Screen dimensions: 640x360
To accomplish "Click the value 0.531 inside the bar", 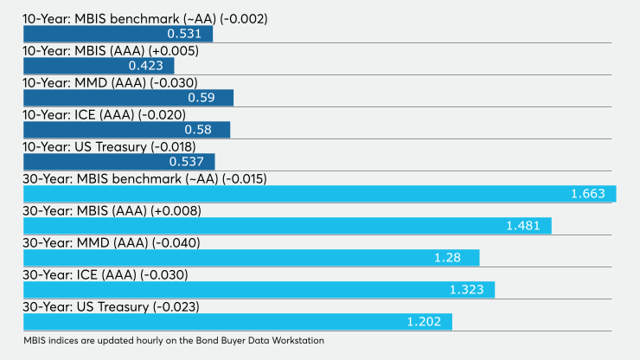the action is click(184, 34).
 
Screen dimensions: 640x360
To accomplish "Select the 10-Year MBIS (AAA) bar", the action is click(99, 66).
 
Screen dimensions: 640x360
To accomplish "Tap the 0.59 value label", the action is click(202, 98).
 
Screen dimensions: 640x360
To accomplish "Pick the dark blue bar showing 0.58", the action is click(126, 130).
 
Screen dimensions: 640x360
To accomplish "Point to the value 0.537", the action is click(187, 162).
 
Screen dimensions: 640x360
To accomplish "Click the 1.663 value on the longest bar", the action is click(588, 194).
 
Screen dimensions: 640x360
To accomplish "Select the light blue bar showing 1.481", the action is click(287, 226).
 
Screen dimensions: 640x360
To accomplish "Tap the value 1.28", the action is click(447, 258).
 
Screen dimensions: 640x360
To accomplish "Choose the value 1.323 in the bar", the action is click(466, 290).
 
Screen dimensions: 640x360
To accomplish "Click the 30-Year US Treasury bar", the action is click(238, 322).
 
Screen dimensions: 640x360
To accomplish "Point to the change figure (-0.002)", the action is click(244, 19).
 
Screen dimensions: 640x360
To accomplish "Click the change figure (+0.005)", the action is click(174, 51).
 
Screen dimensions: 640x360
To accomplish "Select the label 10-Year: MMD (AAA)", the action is click(84, 83).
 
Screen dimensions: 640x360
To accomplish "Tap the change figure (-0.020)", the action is click(162, 115).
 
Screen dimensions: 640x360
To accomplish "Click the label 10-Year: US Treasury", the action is click(85, 147).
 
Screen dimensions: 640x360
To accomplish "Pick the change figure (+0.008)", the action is click(176, 211).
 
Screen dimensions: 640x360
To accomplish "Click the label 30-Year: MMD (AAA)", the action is click(86, 242).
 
